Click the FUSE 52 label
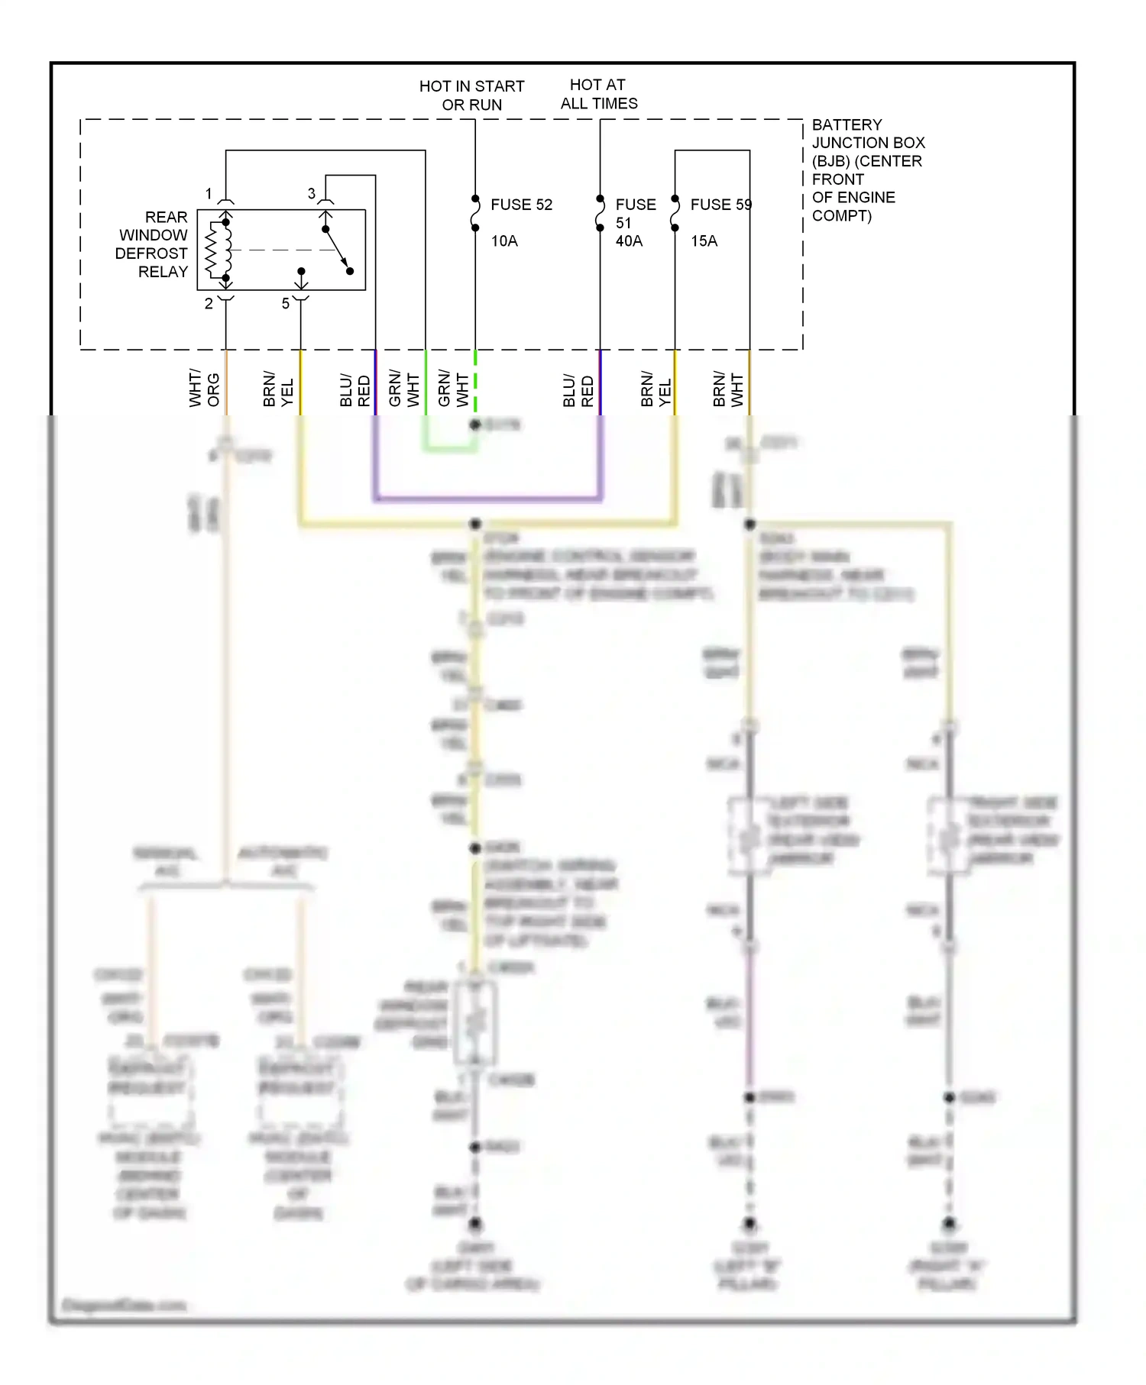point(521,205)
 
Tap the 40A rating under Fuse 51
point(629,241)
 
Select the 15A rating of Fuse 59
point(704,241)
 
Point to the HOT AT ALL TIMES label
point(598,94)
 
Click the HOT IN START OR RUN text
point(471,95)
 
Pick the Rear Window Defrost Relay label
point(152,244)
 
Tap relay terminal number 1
point(209,194)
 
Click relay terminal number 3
point(312,194)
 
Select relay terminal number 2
point(209,303)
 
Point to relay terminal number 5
point(286,303)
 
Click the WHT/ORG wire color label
point(204,389)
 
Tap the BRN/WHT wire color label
point(727,389)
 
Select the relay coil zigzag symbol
point(212,250)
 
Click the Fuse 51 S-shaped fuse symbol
point(600,213)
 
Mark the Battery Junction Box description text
point(868,169)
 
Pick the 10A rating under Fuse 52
point(504,241)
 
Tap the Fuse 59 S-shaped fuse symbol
point(675,213)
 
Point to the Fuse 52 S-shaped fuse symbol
point(475,213)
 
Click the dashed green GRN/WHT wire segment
point(475,382)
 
